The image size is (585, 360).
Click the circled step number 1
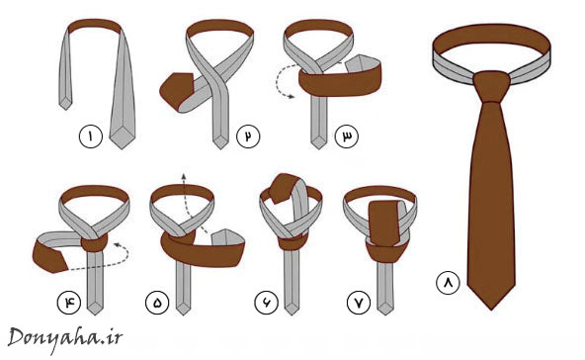coord(90,136)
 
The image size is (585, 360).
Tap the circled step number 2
coord(248,135)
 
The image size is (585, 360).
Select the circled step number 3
coord(346,135)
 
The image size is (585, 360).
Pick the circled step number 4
coord(68,302)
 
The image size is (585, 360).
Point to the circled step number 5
coord(157,302)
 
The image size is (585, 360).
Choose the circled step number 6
coord(267,302)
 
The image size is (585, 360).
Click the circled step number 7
coord(359,302)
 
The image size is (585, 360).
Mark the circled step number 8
coord(448,282)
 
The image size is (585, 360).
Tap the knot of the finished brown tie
coord(491,86)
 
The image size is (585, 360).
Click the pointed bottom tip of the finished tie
coord(491,309)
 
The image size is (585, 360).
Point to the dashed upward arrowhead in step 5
coord(183,176)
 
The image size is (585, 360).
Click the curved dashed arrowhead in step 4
coord(118,244)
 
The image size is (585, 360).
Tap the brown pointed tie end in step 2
coord(175,91)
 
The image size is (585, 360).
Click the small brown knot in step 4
coord(94,242)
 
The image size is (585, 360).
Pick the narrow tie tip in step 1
coord(65,103)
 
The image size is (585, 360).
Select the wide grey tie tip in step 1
coord(122,138)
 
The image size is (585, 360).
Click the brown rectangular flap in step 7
coord(384,224)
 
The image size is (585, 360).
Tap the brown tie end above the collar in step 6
coord(283,188)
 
